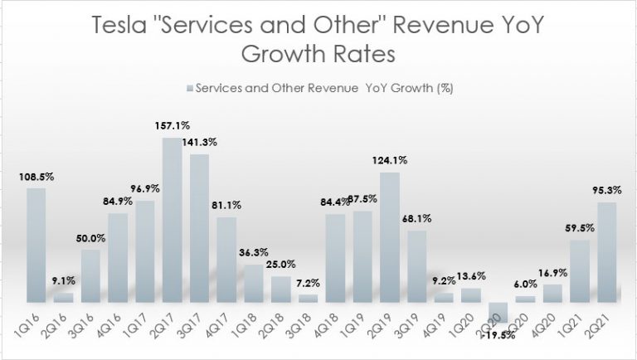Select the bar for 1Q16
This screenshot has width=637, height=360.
pyautogui.click(x=36, y=246)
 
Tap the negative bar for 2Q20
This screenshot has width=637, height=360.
pyautogui.click(x=498, y=312)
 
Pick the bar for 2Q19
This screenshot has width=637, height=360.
pyautogui.click(x=390, y=237)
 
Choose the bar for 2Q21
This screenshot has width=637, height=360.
pyautogui.click(x=606, y=252)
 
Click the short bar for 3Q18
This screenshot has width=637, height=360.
pyautogui.click(x=308, y=298)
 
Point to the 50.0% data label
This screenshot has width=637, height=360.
pyautogui.click(x=91, y=239)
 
